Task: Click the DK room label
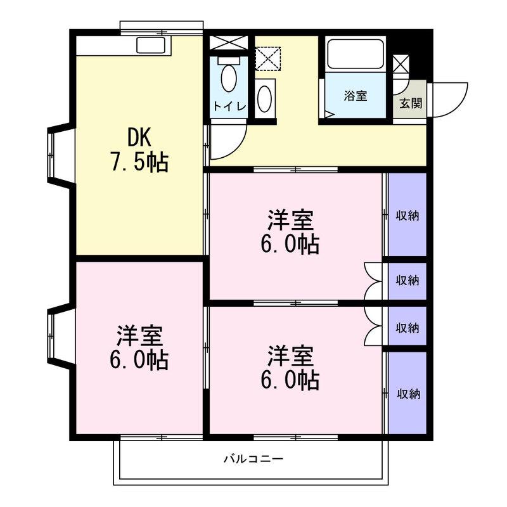coord(139,138)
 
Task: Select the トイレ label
coord(229,106)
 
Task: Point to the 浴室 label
coord(356,96)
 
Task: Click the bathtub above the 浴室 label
coord(356,54)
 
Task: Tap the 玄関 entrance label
coord(411,103)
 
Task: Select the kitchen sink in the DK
coord(151,45)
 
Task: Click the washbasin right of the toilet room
coord(265,99)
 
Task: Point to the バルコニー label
coord(253,458)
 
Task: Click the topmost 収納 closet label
coord(408,215)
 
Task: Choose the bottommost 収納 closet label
coord(409,394)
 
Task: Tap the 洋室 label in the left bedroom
coord(139,337)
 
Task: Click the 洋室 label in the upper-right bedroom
coord(290,220)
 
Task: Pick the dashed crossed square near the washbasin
coord(267,58)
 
